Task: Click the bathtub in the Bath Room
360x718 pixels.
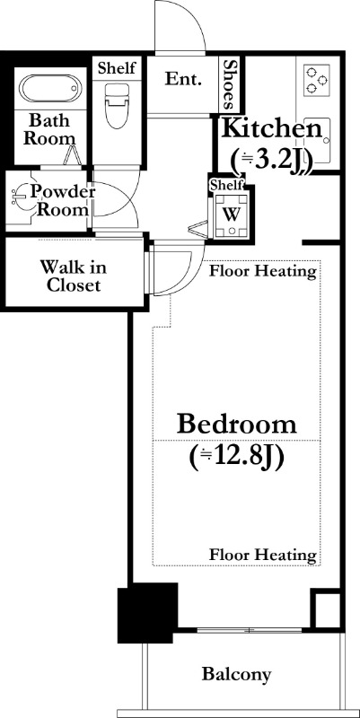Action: tap(50, 88)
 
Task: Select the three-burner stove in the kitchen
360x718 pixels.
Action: tap(318, 79)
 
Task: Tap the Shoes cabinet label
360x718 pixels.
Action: tap(230, 85)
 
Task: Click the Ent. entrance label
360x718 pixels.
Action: tap(183, 80)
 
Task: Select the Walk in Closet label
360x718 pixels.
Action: tap(74, 276)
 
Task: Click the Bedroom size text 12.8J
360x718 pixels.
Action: tap(235, 457)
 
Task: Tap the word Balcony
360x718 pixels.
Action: tap(237, 674)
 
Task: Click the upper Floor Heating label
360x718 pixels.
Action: tap(263, 272)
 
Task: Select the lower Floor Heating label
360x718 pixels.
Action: tap(263, 555)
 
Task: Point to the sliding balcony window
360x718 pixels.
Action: tap(250, 630)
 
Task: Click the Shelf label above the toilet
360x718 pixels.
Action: tap(117, 68)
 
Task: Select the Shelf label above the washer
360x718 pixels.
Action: tap(226, 185)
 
